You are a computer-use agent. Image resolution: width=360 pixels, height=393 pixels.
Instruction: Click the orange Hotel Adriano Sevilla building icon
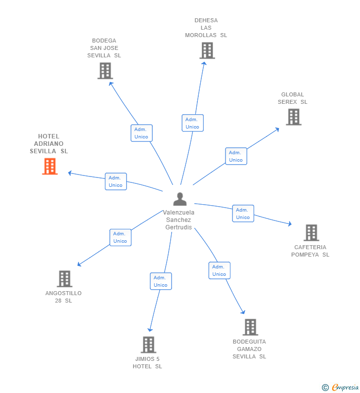[x=49, y=167]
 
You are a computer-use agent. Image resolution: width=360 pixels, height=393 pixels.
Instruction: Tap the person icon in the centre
[x=180, y=199]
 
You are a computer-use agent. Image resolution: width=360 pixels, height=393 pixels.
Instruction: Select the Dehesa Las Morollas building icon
[x=207, y=50]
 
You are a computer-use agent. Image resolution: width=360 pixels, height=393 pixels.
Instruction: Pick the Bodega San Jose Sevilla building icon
[x=105, y=71]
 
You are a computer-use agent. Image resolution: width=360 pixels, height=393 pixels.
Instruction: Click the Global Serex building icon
[x=293, y=117]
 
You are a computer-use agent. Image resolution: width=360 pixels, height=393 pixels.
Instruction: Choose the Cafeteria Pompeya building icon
[x=311, y=232]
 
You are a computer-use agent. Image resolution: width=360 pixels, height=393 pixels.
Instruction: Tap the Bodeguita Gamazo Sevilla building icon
[x=250, y=327]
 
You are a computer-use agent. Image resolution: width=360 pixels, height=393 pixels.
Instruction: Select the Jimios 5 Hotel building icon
[x=148, y=345]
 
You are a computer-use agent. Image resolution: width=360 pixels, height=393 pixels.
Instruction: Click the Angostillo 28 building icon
[x=64, y=279]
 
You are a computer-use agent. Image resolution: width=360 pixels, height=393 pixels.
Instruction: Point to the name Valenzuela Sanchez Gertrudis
[x=179, y=220]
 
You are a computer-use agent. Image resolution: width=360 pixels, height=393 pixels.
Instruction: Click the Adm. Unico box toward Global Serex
[x=236, y=156]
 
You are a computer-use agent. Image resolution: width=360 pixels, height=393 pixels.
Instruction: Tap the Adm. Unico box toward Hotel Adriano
[x=116, y=181]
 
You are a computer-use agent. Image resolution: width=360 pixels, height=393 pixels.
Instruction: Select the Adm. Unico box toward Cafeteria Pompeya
[x=243, y=214]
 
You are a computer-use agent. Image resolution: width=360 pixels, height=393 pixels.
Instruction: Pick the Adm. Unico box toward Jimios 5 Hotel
[x=161, y=281]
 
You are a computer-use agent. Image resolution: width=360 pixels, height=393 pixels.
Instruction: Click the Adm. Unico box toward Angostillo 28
[x=120, y=237]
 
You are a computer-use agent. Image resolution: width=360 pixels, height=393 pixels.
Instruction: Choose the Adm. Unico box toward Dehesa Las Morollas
[x=192, y=123]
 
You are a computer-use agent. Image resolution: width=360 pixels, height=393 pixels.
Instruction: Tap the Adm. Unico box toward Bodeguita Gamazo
[x=219, y=270]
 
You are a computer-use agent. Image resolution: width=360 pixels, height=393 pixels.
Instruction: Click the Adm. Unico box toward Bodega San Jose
[x=141, y=133]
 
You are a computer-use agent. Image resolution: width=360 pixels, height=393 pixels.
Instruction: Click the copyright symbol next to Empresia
[x=325, y=388]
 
